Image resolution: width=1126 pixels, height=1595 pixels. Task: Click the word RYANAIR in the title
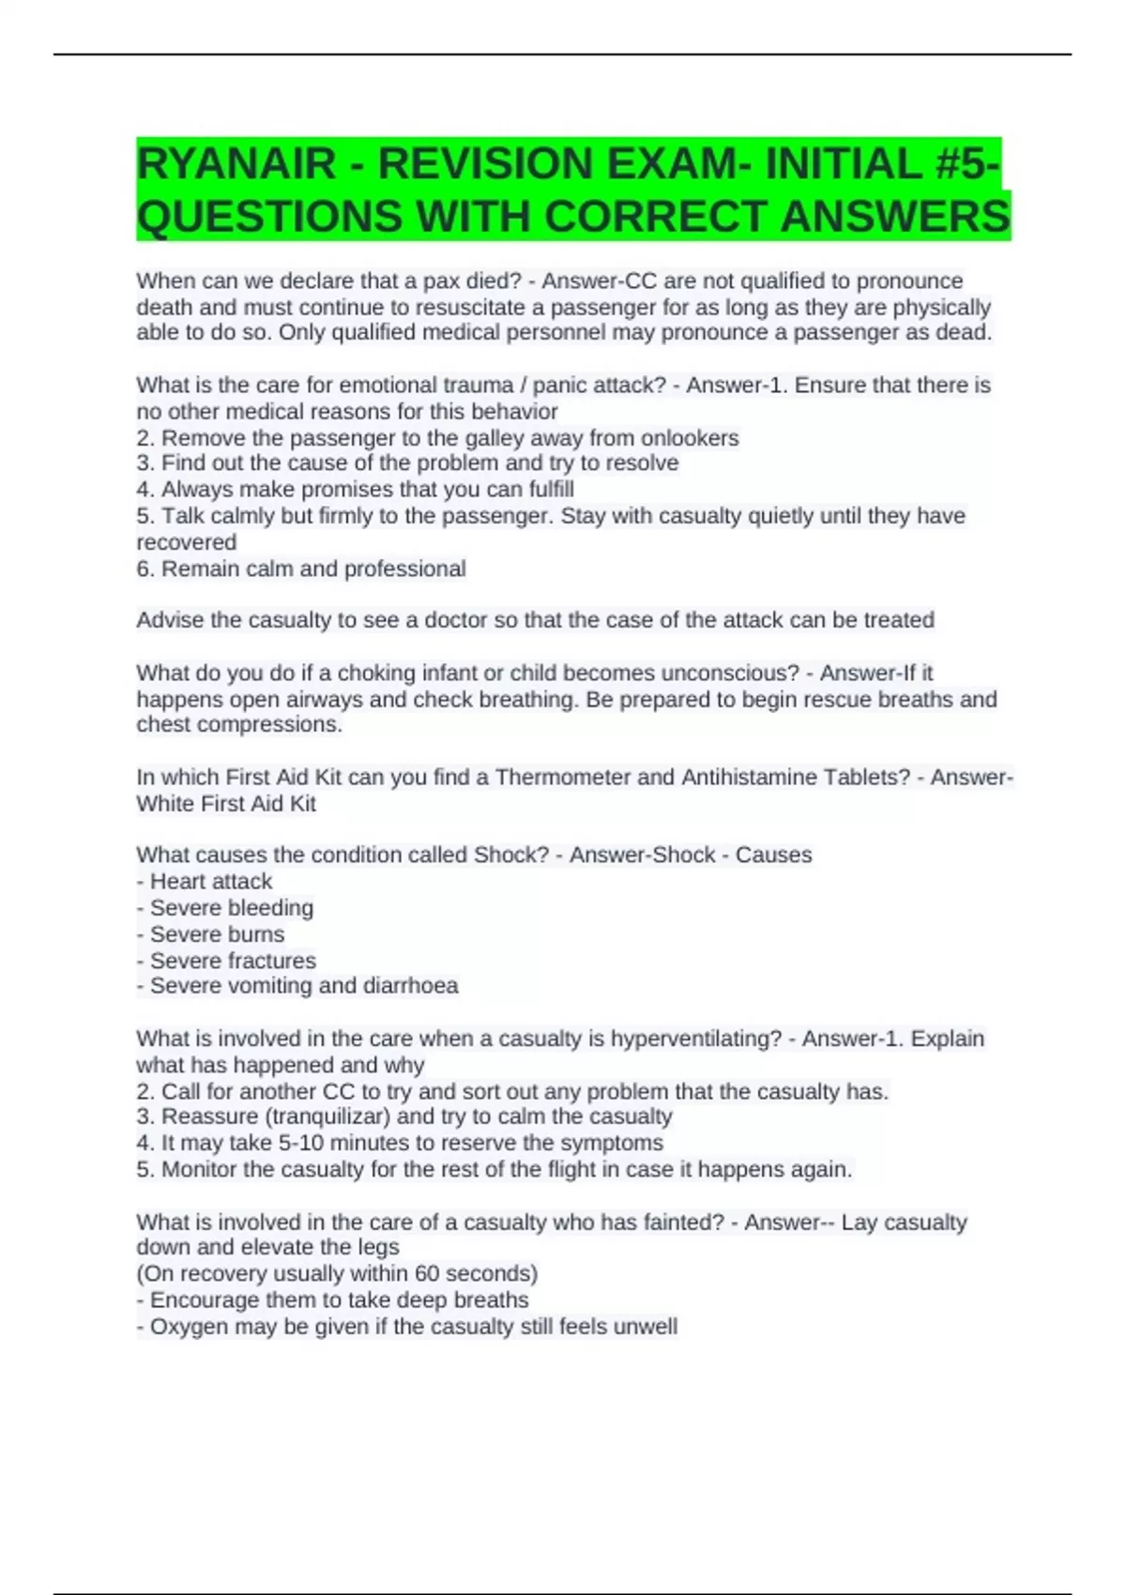pyautogui.click(x=236, y=164)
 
